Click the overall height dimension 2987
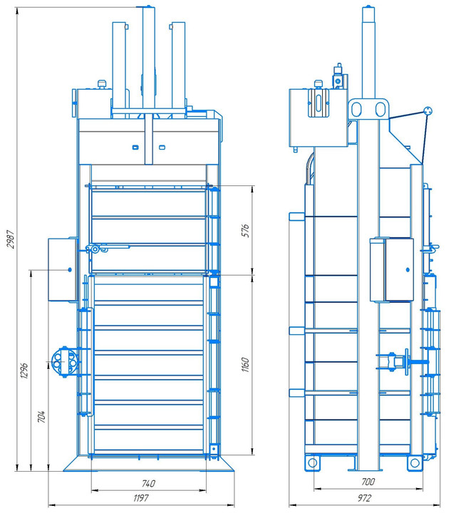point(11,239)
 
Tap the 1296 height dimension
point(24,371)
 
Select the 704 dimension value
point(41,417)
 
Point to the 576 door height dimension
point(246,230)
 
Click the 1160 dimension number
point(245,364)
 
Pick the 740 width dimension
point(148,484)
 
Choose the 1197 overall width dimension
point(141,498)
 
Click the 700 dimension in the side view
point(368,482)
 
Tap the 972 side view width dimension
point(365,498)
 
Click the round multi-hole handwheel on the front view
point(64,362)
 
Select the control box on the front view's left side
point(63,269)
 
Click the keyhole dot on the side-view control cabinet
point(408,270)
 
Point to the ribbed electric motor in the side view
point(319,103)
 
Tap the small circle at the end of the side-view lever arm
point(428,111)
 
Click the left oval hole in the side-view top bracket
point(356,109)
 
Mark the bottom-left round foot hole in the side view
point(312,463)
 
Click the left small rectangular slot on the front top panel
point(135,147)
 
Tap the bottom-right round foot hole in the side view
point(415,463)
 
